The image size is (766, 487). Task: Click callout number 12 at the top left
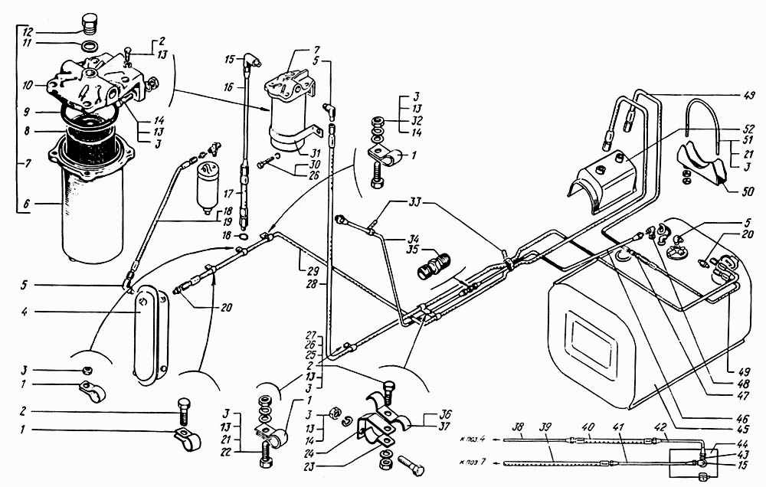pos(28,32)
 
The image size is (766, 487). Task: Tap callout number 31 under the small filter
pos(314,152)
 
